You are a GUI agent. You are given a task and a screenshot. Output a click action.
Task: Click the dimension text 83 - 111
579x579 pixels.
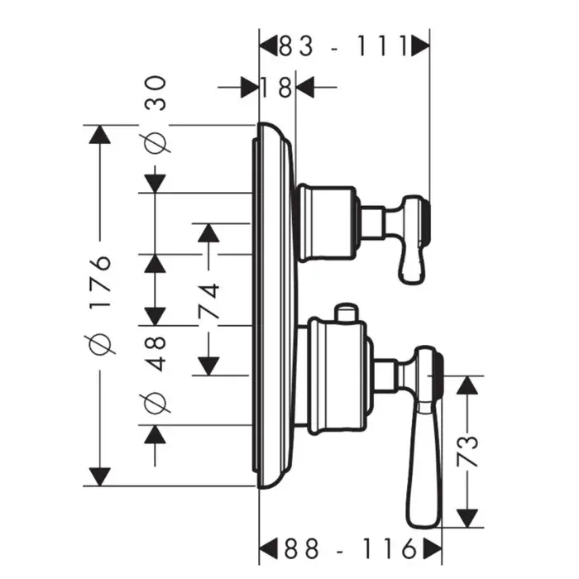pyautogui.click(x=344, y=45)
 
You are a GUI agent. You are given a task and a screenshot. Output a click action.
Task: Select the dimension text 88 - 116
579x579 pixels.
pyautogui.click(x=349, y=547)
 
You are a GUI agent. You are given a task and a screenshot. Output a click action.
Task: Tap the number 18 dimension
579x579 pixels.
pyautogui.click(x=276, y=85)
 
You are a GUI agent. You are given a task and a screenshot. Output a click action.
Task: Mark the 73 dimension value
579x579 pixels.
pyautogui.click(x=469, y=452)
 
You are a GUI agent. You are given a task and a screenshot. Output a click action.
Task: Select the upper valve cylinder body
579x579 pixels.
pyautogui.click(x=328, y=221)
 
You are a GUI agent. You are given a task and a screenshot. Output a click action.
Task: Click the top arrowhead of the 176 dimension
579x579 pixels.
pyautogui.click(x=99, y=135)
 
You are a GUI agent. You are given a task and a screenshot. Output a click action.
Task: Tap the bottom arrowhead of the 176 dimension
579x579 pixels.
pyautogui.click(x=99, y=476)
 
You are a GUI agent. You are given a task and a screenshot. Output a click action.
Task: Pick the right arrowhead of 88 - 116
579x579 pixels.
pyautogui.click(x=432, y=547)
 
